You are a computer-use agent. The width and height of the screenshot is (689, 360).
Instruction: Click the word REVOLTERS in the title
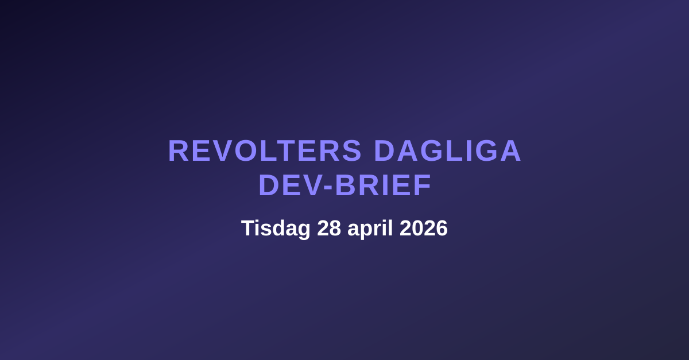coord(265,151)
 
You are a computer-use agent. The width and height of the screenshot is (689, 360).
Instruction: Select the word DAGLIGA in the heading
coord(447,151)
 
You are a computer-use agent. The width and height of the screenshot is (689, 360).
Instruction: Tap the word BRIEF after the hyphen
coord(383,185)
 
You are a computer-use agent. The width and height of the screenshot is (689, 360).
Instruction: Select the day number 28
coord(329,229)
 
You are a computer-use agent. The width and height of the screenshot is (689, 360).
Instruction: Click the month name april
coord(370,229)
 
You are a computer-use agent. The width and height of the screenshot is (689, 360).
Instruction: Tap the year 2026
coord(424,229)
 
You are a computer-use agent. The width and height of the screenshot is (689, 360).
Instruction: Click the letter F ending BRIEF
coord(424,185)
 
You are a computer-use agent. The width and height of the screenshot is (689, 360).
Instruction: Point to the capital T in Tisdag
coord(247,229)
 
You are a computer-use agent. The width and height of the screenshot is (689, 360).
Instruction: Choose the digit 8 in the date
coord(335,229)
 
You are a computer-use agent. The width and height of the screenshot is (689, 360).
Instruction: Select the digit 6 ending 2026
coord(442,229)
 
